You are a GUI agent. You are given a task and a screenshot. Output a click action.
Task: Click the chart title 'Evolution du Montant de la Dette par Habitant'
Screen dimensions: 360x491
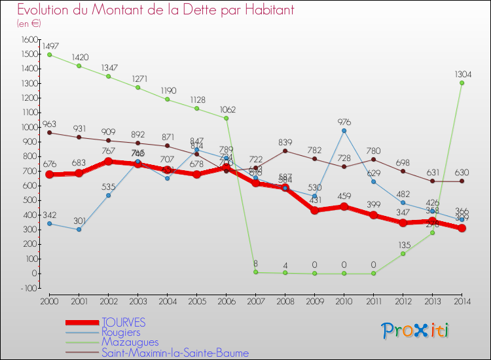(155, 10)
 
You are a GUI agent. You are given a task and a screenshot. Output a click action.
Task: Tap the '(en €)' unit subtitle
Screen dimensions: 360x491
(29, 24)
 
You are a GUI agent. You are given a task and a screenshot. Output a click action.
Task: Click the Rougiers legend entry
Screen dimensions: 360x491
(120, 333)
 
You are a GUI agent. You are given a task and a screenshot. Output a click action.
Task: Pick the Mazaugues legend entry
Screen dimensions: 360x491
(130, 342)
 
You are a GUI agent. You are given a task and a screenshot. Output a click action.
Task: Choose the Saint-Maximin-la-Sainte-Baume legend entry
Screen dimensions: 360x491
(175, 353)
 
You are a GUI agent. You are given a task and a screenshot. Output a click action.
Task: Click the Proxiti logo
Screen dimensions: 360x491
(416, 331)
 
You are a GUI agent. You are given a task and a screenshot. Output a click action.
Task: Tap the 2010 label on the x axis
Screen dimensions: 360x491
(342, 301)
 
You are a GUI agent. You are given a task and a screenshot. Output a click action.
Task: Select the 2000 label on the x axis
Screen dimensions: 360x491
(49, 301)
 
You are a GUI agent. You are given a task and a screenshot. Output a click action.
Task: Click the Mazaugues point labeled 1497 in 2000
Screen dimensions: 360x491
(49, 55)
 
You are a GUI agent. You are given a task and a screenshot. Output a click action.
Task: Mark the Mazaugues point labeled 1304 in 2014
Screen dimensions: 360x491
(462, 83)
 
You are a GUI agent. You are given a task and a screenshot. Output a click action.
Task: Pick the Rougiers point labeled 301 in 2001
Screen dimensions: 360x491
(79, 229)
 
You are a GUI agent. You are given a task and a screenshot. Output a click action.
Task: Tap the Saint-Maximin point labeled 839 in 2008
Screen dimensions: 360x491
(285, 151)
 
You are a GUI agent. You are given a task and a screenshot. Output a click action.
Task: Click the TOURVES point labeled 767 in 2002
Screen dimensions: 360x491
(108, 161)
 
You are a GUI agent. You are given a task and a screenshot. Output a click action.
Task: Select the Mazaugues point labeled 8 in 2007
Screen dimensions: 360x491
(255, 272)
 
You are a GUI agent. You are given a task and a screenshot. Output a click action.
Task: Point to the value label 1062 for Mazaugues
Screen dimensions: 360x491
(228, 109)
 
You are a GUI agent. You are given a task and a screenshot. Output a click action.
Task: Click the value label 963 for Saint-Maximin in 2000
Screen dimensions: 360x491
(49, 123)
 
